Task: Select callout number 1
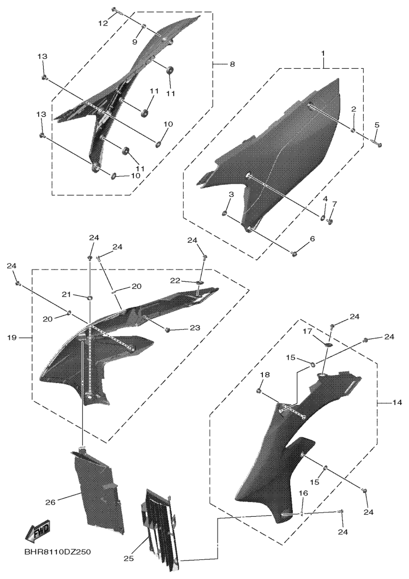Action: coord(323,53)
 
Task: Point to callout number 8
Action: coord(232,64)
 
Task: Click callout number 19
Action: coord(12,337)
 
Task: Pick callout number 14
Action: coord(397,402)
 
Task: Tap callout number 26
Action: coord(50,502)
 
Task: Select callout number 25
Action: coord(128,559)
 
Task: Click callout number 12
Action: coord(103,23)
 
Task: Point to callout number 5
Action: coord(376,125)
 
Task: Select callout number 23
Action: coord(195,327)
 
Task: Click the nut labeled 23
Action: coord(167,330)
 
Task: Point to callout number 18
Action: coord(265,375)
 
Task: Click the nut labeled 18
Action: coord(259,391)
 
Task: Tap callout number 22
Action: coord(175,281)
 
